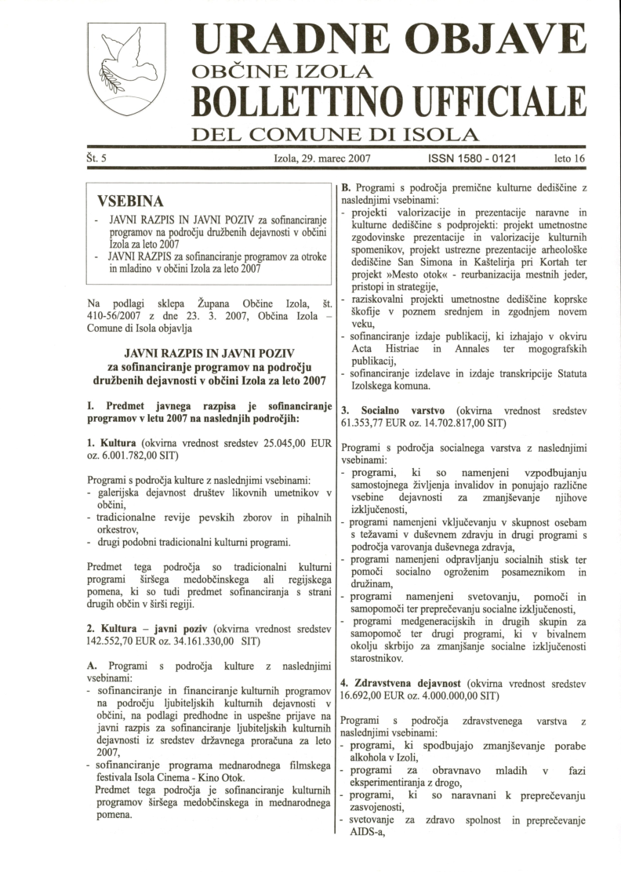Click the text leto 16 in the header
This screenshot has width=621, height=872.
pyautogui.click(x=570, y=158)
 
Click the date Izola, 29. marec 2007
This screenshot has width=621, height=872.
pyautogui.click(x=321, y=158)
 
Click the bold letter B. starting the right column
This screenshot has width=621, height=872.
pyautogui.click(x=346, y=189)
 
